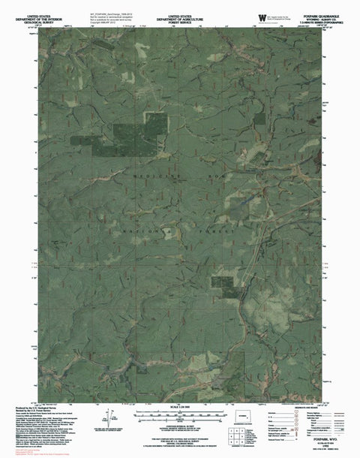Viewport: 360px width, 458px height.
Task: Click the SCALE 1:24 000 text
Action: tap(179, 408)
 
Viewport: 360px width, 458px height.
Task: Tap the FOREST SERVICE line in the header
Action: tap(179, 21)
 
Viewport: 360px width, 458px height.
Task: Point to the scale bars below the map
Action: tap(179, 417)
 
